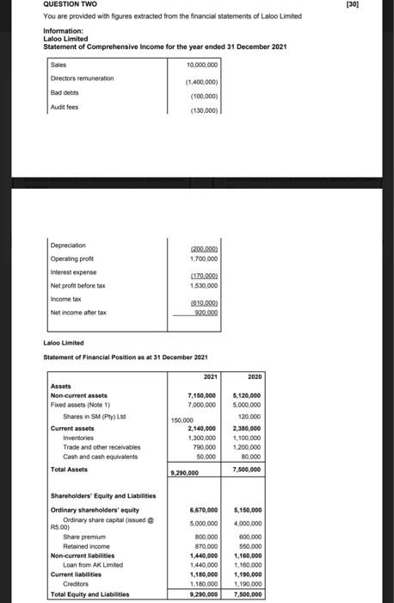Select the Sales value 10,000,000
(202, 64)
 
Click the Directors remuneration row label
(82, 78)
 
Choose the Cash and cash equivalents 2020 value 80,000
(251, 456)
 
